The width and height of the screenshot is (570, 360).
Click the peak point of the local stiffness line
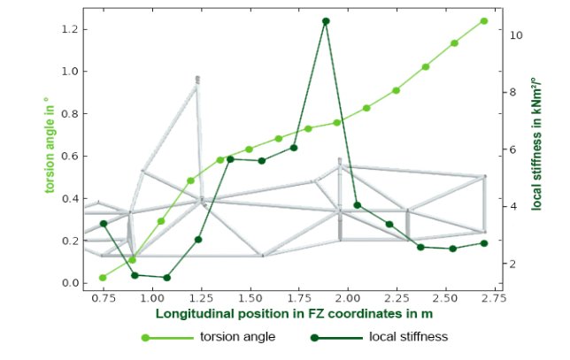[x=326, y=21]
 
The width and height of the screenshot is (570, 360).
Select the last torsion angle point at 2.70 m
[x=484, y=21]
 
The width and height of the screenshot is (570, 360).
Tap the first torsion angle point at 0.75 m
[x=103, y=278]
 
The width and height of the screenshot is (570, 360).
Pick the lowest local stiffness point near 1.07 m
[x=167, y=278]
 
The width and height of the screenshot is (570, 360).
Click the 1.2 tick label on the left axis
[x=70, y=29]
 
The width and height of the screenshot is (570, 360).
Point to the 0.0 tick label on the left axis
[x=70, y=283]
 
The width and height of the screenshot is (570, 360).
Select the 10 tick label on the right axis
[x=516, y=35]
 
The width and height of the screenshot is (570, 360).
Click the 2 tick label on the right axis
[x=513, y=264]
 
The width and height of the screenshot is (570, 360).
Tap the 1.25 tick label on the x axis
[x=202, y=299]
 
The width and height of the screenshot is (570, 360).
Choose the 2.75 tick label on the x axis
[x=495, y=299]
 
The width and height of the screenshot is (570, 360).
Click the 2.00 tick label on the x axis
[x=348, y=299]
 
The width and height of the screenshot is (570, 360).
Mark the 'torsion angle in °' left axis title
[x=50, y=144]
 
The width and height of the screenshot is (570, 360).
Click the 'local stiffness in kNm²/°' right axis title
[x=536, y=144]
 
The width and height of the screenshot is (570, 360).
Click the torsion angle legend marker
[x=145, y=338]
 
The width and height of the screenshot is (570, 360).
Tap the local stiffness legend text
[x=409, y=337]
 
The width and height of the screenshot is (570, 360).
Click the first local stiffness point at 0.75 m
[x=104, y=224]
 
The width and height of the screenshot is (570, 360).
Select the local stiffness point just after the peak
[x=357, y=205]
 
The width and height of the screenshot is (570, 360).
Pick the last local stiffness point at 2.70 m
[x=484, y=243]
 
